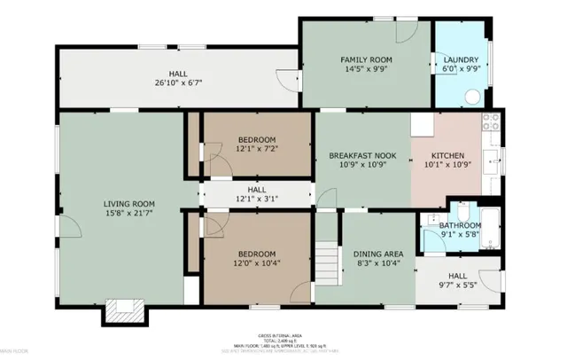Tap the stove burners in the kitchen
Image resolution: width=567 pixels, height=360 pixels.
tap(490, 129)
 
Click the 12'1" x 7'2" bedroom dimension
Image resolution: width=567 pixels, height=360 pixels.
tap(256, 149)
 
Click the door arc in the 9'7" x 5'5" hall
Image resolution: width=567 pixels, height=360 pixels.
tap(492, 283)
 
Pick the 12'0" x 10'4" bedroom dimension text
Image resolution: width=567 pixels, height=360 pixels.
tap(256, 263)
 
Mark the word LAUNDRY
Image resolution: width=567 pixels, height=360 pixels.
tap(460, 60)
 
